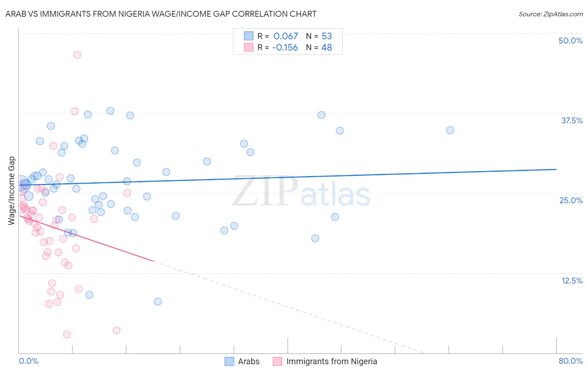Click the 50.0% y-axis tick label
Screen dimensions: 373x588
[x=570, y=41]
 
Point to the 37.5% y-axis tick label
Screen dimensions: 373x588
[x=572, y=120]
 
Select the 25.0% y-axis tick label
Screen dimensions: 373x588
[x=571, y=200]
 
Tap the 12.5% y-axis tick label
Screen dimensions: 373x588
[x=572, y=281]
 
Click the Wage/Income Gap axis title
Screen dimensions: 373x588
[x=11, y=191]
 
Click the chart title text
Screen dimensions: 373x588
[x=161, y=14]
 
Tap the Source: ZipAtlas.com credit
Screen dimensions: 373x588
[x=550, y=14]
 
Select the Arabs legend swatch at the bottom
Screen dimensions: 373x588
[x=229, y=361]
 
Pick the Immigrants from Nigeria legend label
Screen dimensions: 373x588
[x=332, y=361]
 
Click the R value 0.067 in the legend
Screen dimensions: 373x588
[x=286, y=36]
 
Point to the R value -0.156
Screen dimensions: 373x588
[x=285, y=48]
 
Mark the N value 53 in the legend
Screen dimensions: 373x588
[x=327, y=36]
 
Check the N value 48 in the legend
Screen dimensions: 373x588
[x=327, y=48]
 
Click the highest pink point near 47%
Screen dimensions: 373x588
[x=77, y=55]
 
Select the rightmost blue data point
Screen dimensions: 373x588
[x=450, y=130]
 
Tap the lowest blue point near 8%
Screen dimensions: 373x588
[x=158, y=301]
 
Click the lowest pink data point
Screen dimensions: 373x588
[x=67, y=335]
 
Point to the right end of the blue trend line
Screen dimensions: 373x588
[x=556, y=169]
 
